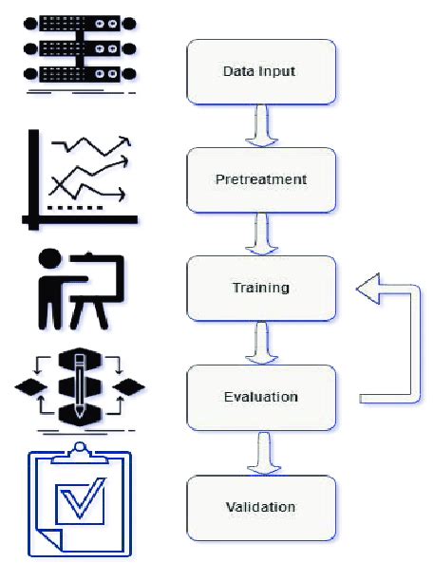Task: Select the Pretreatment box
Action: [261, 179]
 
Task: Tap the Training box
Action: [261, 288]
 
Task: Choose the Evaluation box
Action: [261, 398]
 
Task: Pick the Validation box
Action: [261, 507]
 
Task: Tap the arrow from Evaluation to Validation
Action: [259, 453]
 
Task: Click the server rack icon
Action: [73, 47]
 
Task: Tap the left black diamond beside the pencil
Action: [31, 387]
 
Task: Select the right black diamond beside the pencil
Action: [129, 387]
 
